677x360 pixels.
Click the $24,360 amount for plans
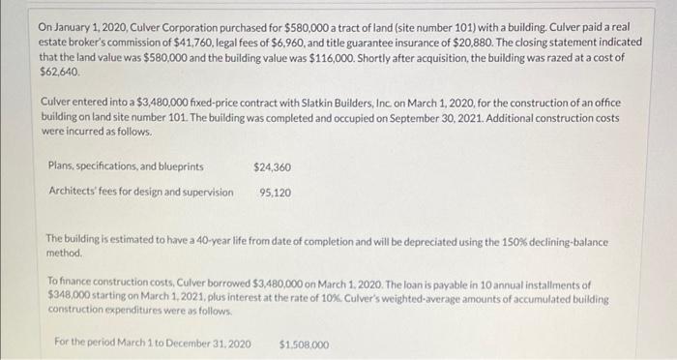(272, 167)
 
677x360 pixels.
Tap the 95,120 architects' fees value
(276, 192)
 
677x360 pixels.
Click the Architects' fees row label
(139, 192)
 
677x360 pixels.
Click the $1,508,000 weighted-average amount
(304, 345)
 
